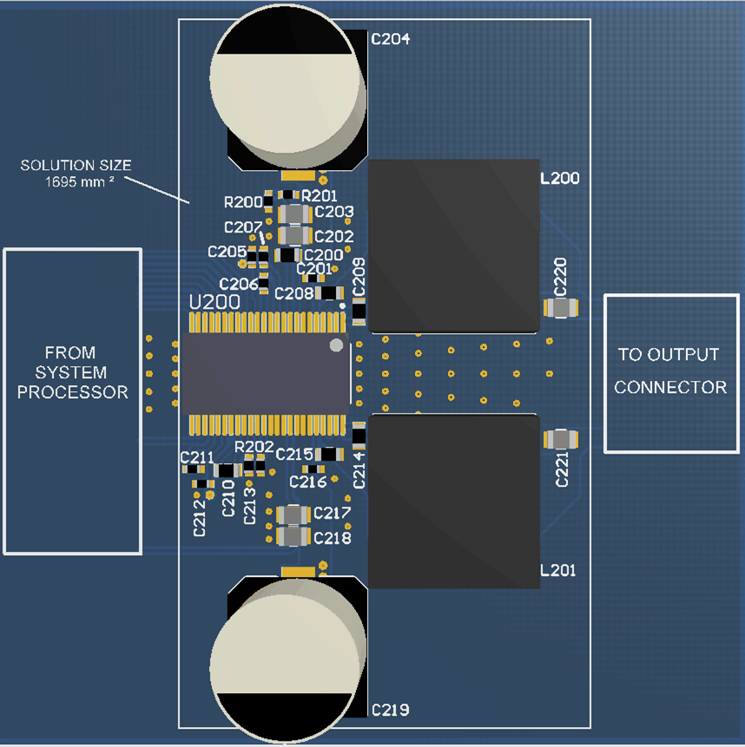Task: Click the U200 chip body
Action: pos(265,374)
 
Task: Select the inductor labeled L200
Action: pos(454,246)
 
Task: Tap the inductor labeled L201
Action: pos(454,501)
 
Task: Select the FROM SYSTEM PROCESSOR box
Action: pos(73,401)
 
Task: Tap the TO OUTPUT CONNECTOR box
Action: pos(671,373)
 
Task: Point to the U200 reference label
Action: pos(215,302)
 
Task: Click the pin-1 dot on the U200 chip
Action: pos(336,345)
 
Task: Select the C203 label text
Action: pos(334,212)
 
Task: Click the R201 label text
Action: pos(319,196)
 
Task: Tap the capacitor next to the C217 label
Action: pos(293,515)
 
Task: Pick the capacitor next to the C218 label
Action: pos(293,537)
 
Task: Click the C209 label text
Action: pos(359,275)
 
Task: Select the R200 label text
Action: pos(242,202)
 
